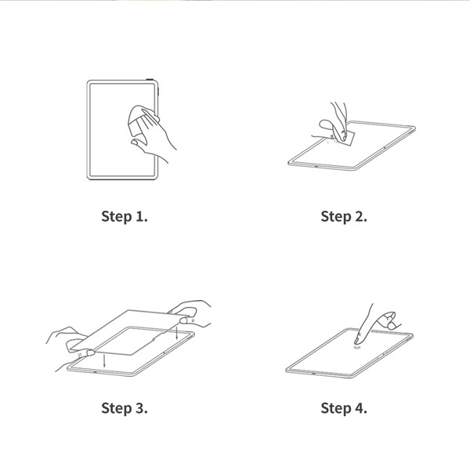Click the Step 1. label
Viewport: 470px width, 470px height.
pos(125,217)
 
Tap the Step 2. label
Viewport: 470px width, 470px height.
pos(344,217)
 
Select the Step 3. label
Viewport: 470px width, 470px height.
pos(125,408)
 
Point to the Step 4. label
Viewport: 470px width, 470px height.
pos(344,408)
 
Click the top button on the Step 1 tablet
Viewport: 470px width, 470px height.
pos(150,79)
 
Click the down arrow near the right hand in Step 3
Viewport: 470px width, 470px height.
pos(177,333)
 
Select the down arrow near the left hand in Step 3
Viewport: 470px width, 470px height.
pos(104,361)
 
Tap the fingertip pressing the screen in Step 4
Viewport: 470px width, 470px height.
pos(357,341)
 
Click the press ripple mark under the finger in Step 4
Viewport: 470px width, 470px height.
pos(356,347)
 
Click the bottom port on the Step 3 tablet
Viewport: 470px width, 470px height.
pos(95,373)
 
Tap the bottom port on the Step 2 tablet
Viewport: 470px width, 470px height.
pos(316,166)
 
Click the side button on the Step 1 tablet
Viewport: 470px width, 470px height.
pos(158,91)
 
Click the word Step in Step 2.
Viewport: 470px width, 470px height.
pos(336,217)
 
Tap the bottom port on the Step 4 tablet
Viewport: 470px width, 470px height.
pos(314,374)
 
